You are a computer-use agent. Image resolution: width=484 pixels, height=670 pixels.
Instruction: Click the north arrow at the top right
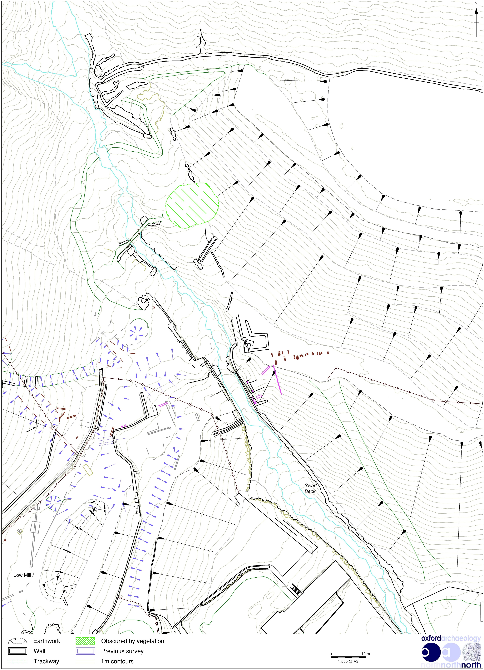(476, 22)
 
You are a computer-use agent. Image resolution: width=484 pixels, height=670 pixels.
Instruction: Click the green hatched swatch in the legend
(85, 641)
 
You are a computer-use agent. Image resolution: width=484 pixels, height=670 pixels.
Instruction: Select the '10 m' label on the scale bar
(366, 654)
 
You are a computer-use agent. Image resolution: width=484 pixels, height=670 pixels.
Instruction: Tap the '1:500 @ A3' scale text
(348, 661)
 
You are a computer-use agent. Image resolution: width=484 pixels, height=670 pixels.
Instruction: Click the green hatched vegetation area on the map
(192, 205)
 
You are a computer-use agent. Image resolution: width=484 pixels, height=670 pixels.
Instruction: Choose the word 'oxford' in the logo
(431, 638)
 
